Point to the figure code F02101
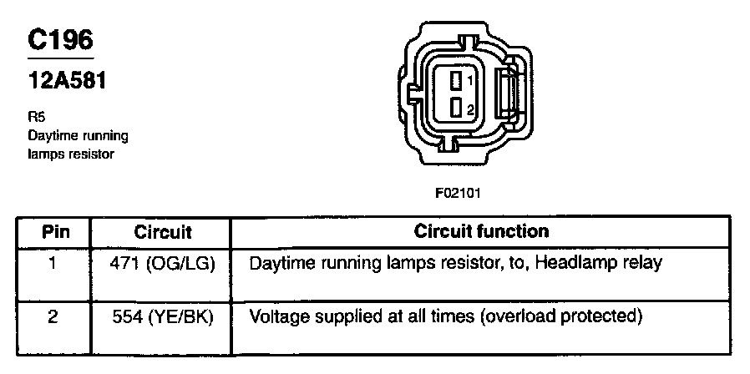458,191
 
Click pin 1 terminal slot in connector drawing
455,81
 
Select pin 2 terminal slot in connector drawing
455,109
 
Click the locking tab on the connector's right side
508,93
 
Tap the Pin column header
55,231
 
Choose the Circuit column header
163,231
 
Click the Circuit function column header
482,230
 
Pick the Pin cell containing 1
54,264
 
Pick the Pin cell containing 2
54,317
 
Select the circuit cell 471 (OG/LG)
163,264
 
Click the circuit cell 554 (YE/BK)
163,317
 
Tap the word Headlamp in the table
573,263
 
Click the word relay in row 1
644,264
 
